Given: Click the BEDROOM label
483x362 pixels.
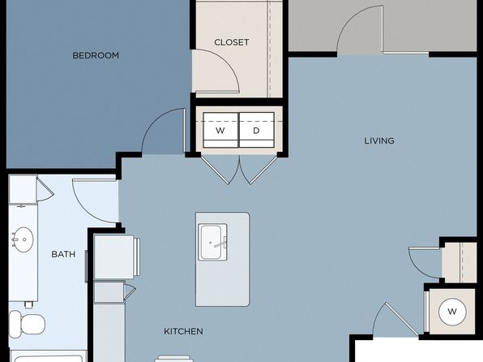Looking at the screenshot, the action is pos(96,55).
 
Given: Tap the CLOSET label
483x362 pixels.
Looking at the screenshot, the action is pos(231,42).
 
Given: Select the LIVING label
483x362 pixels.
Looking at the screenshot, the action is pos(379,141).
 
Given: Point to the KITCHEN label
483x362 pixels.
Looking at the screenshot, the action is pos(183,331).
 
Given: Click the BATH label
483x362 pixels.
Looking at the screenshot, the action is pos(63,254).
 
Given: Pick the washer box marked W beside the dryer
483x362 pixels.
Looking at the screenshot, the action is pos(220,130).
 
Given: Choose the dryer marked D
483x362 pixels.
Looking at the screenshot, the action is pos(257,130).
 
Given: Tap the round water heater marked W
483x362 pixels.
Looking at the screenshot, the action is pos(452,312).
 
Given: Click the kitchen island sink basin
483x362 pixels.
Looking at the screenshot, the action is pos(211,242).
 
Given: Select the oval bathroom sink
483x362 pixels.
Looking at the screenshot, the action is pos(24,239).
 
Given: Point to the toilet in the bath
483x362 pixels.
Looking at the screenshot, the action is pos(27,324).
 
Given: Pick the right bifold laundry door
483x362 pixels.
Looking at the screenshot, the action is pos(259,170).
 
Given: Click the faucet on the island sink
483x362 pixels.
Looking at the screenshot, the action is pos(220,243).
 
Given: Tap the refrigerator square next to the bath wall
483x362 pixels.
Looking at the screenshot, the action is pos(114,257).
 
